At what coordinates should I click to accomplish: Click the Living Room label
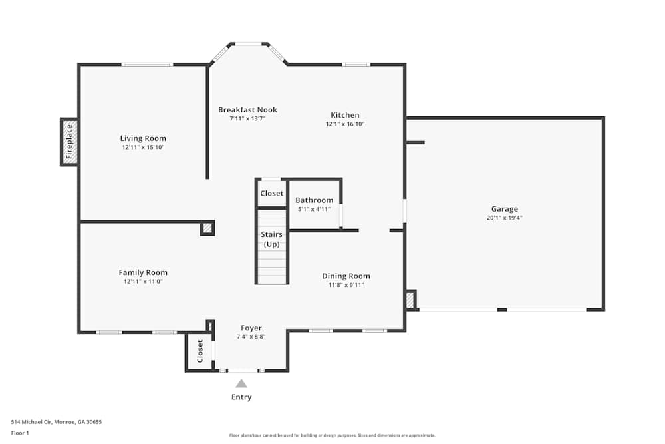(x=143, y=138)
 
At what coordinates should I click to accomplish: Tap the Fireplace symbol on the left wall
(x=69, y=142)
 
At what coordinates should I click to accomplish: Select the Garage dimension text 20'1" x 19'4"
(x=504, y=218)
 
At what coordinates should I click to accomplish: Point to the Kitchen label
(x=345, y=115)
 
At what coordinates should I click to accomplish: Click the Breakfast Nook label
(x=247, y=110)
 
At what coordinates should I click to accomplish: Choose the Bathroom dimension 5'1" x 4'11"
(x=314, y=209)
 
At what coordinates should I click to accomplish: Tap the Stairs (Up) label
(x=271, y=239)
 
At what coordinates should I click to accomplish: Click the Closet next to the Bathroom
(x=271, y=194)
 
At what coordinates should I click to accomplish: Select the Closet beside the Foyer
(x=199, y=351)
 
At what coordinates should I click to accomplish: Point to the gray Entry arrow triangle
(x=241, y=383)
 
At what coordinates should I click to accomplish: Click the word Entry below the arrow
(x=241, y=397)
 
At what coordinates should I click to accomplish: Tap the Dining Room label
(x=346, y=276)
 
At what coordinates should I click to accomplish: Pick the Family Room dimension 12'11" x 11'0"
(x=143, y=282)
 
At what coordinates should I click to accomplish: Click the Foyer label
(x=251, y=328)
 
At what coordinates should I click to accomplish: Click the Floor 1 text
(x=20, y=433)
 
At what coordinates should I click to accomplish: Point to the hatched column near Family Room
(x=207, y=228)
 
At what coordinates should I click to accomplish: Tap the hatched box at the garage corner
(x=410, y=300)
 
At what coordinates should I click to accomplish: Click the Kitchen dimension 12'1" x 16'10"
(x=345, y=124)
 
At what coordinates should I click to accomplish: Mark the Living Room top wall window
(x=147, y=65)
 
